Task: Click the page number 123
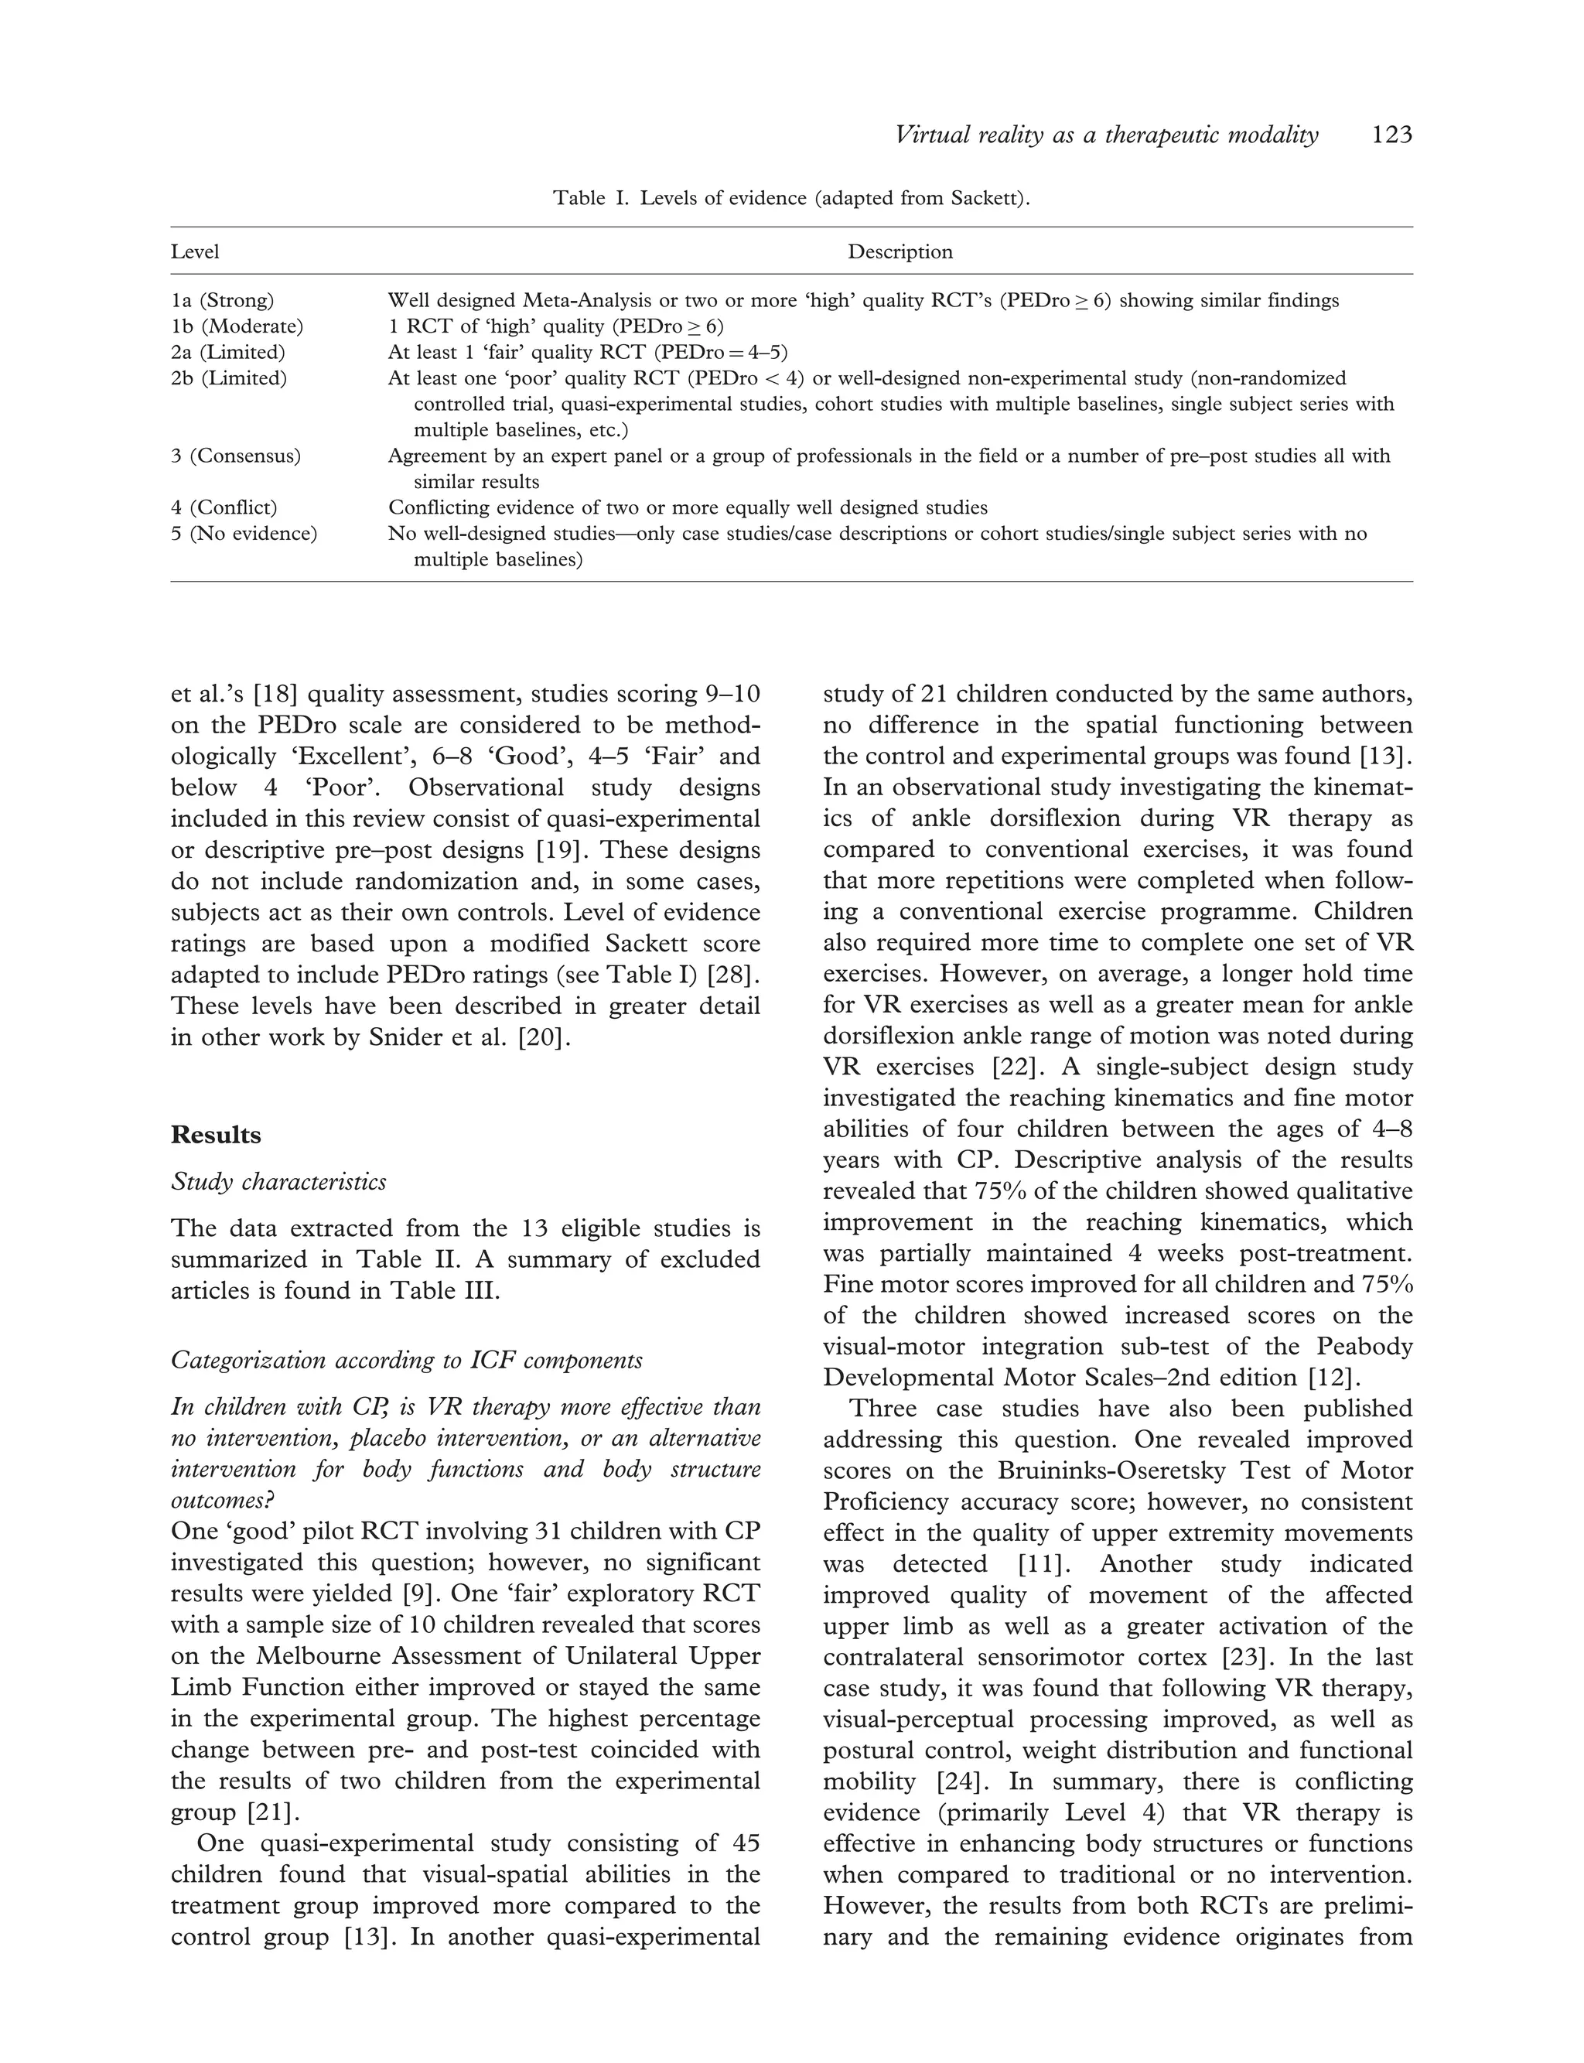1391,136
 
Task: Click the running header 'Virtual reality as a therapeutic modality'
1106,136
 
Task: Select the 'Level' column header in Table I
195,251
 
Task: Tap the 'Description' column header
900,251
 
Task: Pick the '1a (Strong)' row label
223,301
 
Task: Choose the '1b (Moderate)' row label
237,326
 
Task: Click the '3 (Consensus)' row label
236,456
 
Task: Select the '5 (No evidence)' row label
244,534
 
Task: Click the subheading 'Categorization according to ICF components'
406,1361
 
